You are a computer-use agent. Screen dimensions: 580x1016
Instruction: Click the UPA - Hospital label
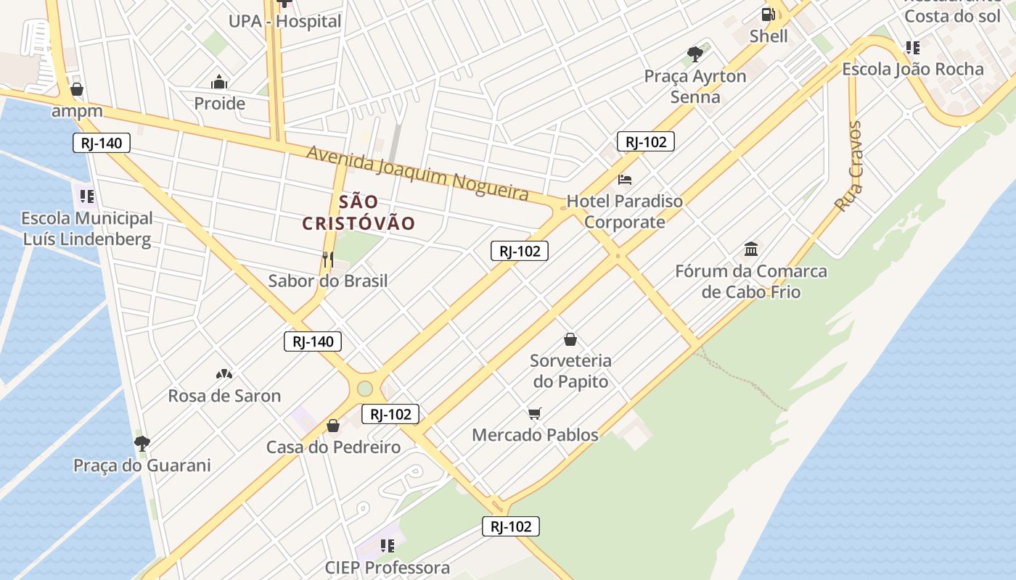(284, 21)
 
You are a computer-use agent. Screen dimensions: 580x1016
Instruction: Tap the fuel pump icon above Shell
(768, 14)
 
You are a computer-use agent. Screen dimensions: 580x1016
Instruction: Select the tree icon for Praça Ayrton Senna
(695, 54)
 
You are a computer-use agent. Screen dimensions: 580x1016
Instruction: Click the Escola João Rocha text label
(913, 69)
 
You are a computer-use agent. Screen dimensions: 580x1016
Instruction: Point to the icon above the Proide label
(219, 82)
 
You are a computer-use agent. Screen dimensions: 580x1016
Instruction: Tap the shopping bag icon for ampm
(76, 89)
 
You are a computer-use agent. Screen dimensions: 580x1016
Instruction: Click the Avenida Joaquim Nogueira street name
(417, 173)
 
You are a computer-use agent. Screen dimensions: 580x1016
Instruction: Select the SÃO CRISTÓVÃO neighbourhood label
(359, 212)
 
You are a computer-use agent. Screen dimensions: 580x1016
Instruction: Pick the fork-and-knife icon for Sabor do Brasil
(328, 259)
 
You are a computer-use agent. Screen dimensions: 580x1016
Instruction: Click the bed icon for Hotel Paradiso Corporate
(625, 179)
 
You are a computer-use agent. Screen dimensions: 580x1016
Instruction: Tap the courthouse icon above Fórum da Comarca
(751, 249)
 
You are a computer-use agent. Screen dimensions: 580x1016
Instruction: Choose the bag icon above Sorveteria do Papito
(570, 339)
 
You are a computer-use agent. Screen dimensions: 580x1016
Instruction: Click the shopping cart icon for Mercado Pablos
(535, 413)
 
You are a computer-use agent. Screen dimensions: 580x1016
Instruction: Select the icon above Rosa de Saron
(224, 374)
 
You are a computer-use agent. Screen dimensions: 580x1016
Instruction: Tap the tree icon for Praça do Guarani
(142, 443)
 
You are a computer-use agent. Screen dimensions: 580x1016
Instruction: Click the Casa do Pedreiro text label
(333, 447)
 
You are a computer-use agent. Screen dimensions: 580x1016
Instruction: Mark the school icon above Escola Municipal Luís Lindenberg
(87, 196)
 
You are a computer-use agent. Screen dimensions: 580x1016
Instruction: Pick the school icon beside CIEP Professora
(387, 545)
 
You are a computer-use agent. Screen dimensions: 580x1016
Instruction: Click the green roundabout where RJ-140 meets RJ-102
(364, 389)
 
